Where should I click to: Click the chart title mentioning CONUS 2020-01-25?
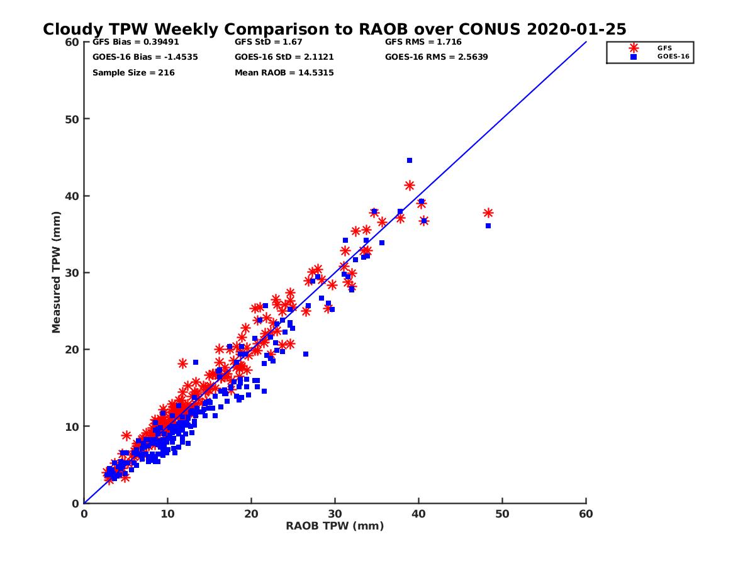pyautogui.click(x=334, y=30)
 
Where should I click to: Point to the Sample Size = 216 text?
pyautogui.click(x=133, y=73)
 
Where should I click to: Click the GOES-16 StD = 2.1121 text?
pyautogui.click(x=284, y=57)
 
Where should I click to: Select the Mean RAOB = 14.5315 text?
pyautogui.click(x=284, y=73)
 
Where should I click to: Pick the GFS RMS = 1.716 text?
pyautogui.click(x=423, y=43)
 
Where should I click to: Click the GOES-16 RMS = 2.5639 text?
pyautogui.click(x=437, y=57)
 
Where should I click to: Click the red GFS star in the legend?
pyautogui.click(x=634, y=48)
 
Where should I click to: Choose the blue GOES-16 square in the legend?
pyautogui.click(x=634, y=57)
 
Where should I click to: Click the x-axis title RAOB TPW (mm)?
pyautogui.click(x=335, y=526)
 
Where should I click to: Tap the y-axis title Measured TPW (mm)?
pyautogui.click(x=57, y=272)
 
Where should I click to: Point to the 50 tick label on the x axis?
pyautogui.click(x=502, y=514)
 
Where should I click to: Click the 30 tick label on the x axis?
pyautogui.click(x=335, y=514)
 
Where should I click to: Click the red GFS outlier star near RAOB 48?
pyautogui.click(x=488, y=213)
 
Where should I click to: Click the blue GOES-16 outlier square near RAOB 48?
pyautogui.click(x=488, y=226)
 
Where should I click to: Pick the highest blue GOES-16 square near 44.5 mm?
pyautogui.click(x=410, y=160)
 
